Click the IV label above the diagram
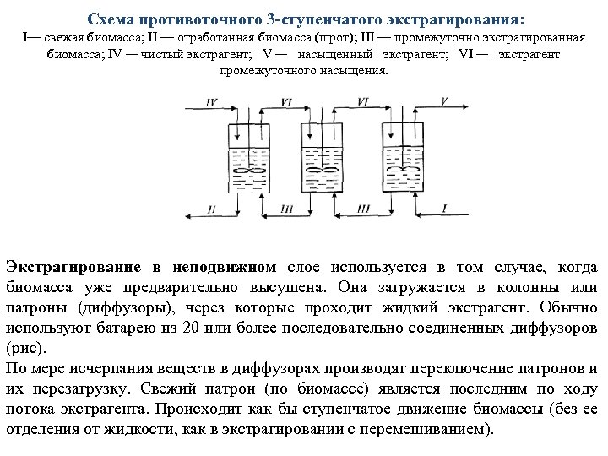[x=211, y=101]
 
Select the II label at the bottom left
[x=211, y=208]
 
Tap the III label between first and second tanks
[x=287, y=209]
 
